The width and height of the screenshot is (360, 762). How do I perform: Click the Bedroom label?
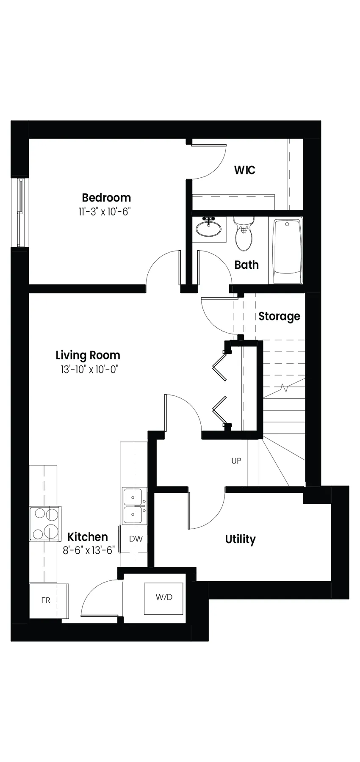pos(106,198)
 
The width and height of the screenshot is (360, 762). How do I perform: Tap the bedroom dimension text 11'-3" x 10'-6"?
pos(104,212)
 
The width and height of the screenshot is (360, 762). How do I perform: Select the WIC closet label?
pos(245,170)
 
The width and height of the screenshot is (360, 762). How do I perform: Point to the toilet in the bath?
pos(244,233)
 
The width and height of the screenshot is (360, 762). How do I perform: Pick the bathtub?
pos(287,251)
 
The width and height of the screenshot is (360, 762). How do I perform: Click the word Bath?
pos(246,265)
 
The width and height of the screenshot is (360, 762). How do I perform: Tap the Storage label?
pos(279,316)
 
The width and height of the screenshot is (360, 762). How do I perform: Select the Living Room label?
pos(88,356)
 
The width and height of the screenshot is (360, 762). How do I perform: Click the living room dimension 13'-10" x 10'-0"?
pos(89,369)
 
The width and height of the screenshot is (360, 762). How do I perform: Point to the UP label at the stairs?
pos(236,461)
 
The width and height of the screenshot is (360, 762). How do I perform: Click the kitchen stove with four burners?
pos(45,523)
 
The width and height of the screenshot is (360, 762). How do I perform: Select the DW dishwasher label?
pos(136,539)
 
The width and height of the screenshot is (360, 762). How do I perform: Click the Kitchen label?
pos(88,537)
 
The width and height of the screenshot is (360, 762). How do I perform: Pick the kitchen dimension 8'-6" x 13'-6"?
pos(89,551)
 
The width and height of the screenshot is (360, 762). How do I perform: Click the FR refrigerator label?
pos(46,600)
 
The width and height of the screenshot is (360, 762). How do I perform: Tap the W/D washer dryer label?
pos(164,597)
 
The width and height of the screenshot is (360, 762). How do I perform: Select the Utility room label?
pos(240,539)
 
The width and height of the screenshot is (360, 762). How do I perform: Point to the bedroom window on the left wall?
pos(19,212)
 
